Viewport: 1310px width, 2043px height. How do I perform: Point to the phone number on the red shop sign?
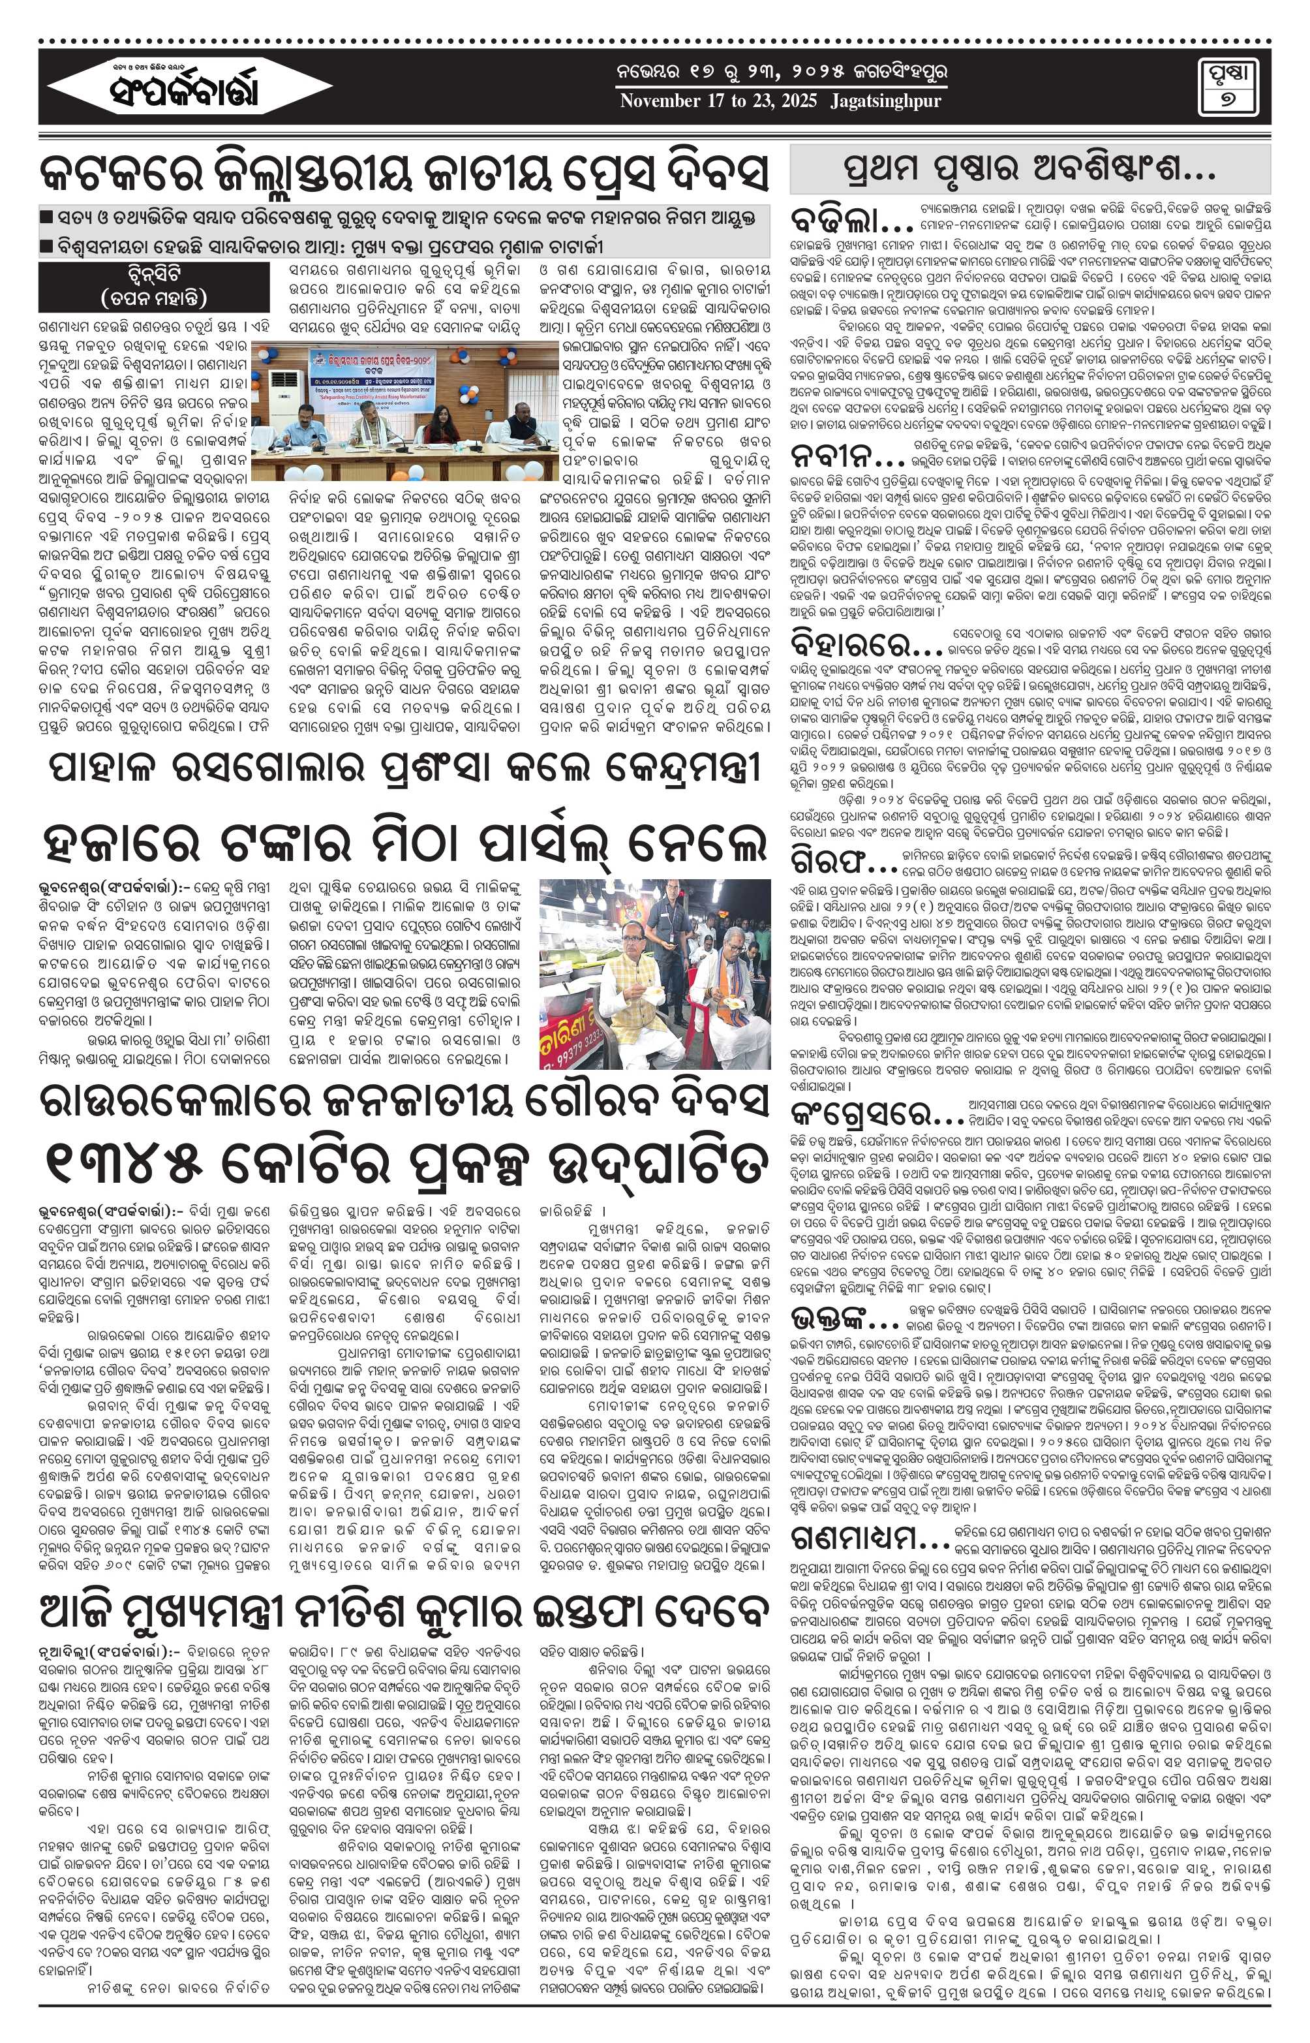click(x=587, y=1053)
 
